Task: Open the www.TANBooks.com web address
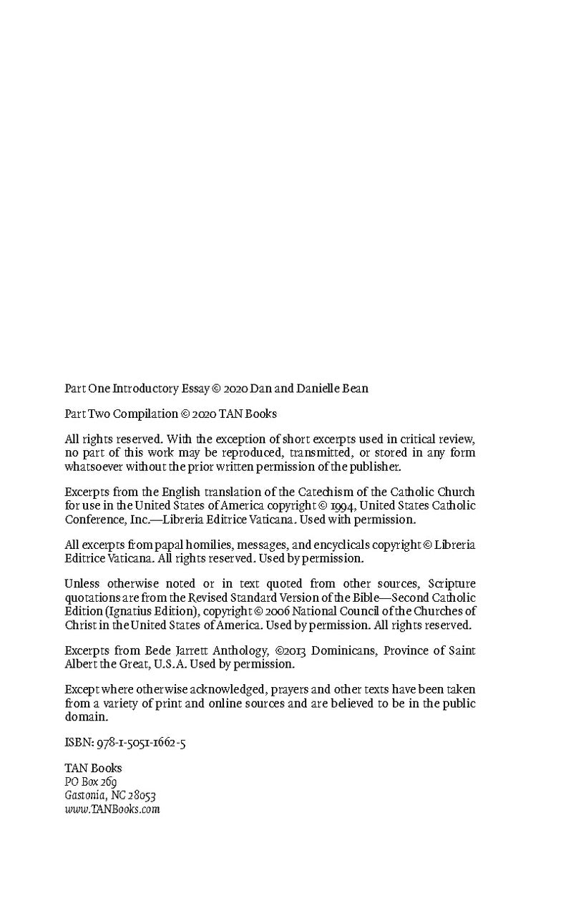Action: [112, 809]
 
